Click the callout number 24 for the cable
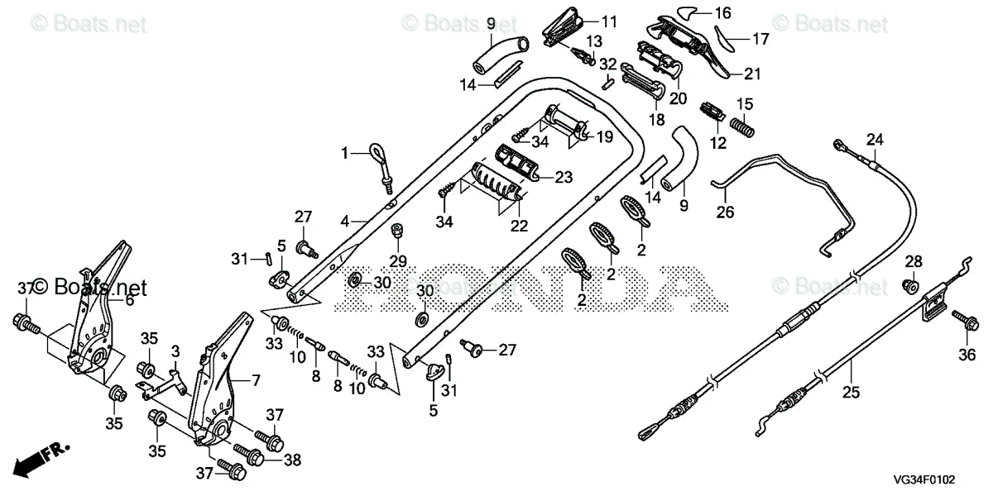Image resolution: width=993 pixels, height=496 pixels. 875,140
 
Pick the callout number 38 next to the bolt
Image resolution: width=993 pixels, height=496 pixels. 292,460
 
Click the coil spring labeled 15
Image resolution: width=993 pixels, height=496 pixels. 745,129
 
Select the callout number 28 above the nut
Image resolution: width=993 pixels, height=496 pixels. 913,262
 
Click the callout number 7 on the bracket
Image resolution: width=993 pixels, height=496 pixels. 256,380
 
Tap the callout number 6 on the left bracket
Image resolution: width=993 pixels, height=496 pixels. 129,301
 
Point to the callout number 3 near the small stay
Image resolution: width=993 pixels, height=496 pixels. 175,353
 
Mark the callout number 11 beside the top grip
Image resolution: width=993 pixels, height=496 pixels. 609,21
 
